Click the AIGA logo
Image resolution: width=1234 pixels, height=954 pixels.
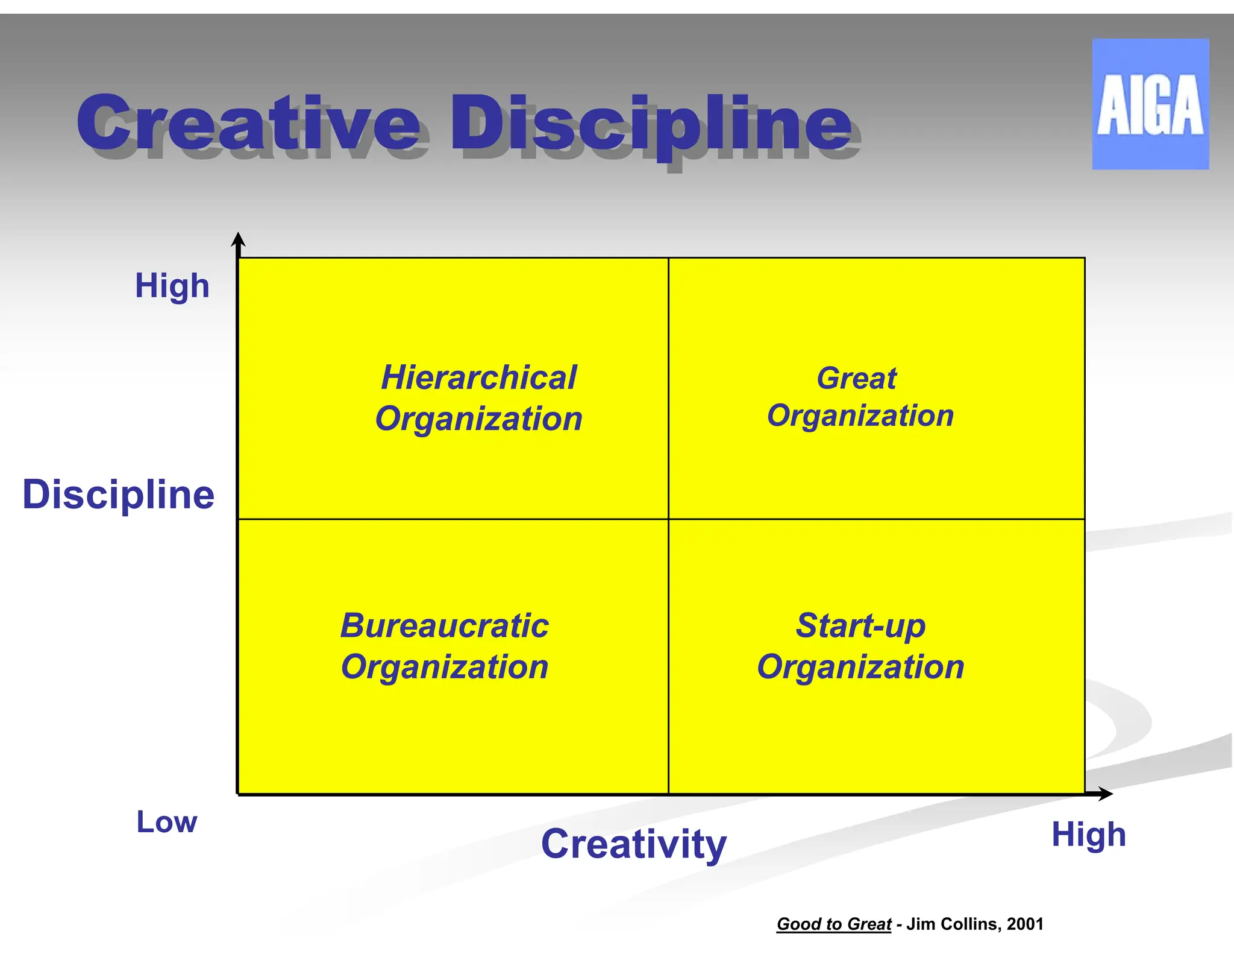pos(1150,104)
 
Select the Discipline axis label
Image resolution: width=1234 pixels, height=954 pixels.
pos(118,494)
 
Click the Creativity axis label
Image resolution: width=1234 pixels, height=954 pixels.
pos(634,844)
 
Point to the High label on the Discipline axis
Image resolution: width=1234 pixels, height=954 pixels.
pos(172,286)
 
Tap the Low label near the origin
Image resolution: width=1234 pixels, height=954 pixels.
pos(167,822)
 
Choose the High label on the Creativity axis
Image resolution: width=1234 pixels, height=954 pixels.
pos(1088,835)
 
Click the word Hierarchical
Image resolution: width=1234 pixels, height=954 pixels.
pos(479,377)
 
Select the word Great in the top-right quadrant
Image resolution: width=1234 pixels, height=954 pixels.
pos(856,379)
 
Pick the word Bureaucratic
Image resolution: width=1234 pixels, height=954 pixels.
pos(445,625)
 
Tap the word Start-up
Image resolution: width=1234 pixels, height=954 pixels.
pos(860,625)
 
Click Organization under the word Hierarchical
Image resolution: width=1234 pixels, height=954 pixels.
pos(479,419)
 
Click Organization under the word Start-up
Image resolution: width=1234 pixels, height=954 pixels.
pos(860,667)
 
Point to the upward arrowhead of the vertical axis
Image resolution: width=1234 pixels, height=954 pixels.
pos(239,239)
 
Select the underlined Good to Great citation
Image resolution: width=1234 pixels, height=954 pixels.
pos(834,924)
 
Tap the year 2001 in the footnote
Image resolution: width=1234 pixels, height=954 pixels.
pos(1025,924)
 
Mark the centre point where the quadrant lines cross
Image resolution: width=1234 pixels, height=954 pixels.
pos(668,519)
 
